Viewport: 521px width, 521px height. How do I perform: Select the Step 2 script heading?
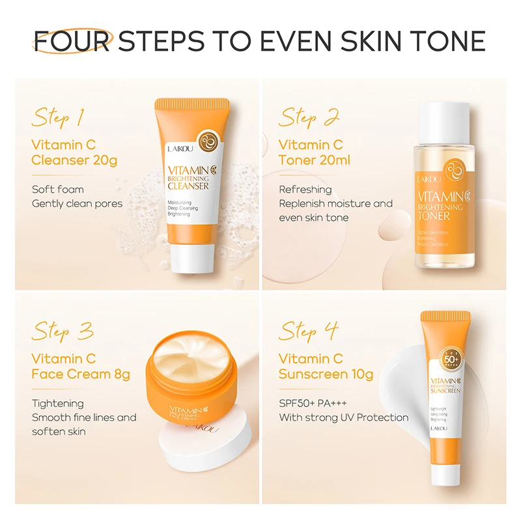coord(309,119)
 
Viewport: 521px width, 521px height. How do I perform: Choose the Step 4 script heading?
coord(309,331)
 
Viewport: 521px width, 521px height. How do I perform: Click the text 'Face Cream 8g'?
coord(81,374)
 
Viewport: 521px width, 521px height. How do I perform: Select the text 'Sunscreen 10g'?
coord(326,374)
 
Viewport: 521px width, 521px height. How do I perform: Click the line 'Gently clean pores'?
coord(77,203)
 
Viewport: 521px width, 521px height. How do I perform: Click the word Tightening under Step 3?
coord(58,403)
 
